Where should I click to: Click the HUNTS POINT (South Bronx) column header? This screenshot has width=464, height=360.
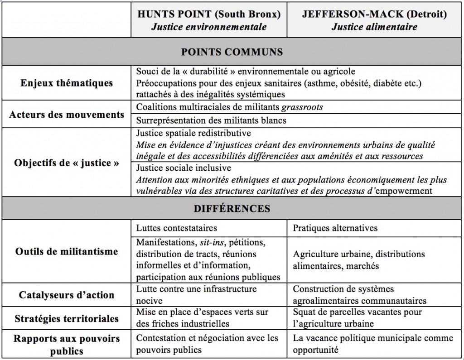[x=209, y=20]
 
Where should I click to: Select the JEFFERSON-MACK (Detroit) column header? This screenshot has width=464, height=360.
[x=374, y=20]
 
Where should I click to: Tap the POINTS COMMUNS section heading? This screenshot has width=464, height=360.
[x=232, y=51]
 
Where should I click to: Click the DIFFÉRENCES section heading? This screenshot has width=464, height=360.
[x=232, y=209]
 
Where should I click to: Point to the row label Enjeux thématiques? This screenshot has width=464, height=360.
[x=67, y=83]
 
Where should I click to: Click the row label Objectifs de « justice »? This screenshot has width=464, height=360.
[x=67, y=163]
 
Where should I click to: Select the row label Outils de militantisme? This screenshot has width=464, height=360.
[x=67, y=251]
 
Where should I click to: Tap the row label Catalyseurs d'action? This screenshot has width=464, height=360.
[x=67, y=295]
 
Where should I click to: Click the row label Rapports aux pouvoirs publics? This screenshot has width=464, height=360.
[x=67, y=344]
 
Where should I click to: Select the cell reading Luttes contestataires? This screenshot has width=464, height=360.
[x=176, y=228]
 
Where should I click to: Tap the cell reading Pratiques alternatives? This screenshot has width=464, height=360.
[x=335, y=228]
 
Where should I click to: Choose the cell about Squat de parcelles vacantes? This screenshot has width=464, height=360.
[x=358, y=317]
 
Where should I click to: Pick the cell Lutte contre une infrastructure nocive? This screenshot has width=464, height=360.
[x=196, y=294]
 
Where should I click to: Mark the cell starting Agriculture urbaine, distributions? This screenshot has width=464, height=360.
[x=359, y=259]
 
